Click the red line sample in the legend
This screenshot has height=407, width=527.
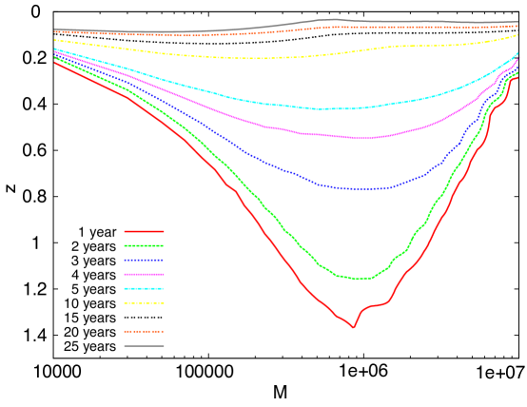[144, 231]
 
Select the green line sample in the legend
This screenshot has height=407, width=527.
[144, 245]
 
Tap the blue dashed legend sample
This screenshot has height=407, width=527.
[144, 260]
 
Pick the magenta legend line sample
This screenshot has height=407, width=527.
[144, 274]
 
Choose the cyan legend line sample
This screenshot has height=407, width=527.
[144, 288]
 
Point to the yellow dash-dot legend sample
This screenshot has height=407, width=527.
[144, 302]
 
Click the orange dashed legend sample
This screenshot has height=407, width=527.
[144, 331]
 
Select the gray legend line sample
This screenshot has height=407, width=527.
[144, 345]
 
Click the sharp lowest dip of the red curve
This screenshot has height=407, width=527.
[354, 327]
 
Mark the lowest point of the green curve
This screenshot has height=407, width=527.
[358, 279]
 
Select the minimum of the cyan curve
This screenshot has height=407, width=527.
[323, 109]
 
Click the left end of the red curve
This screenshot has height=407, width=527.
[54, 62]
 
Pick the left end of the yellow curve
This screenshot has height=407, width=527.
[54, 40]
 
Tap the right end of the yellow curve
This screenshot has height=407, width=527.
[518, 34]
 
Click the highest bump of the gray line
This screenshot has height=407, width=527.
[333, 19]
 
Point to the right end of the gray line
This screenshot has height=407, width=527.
[518, 23]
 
